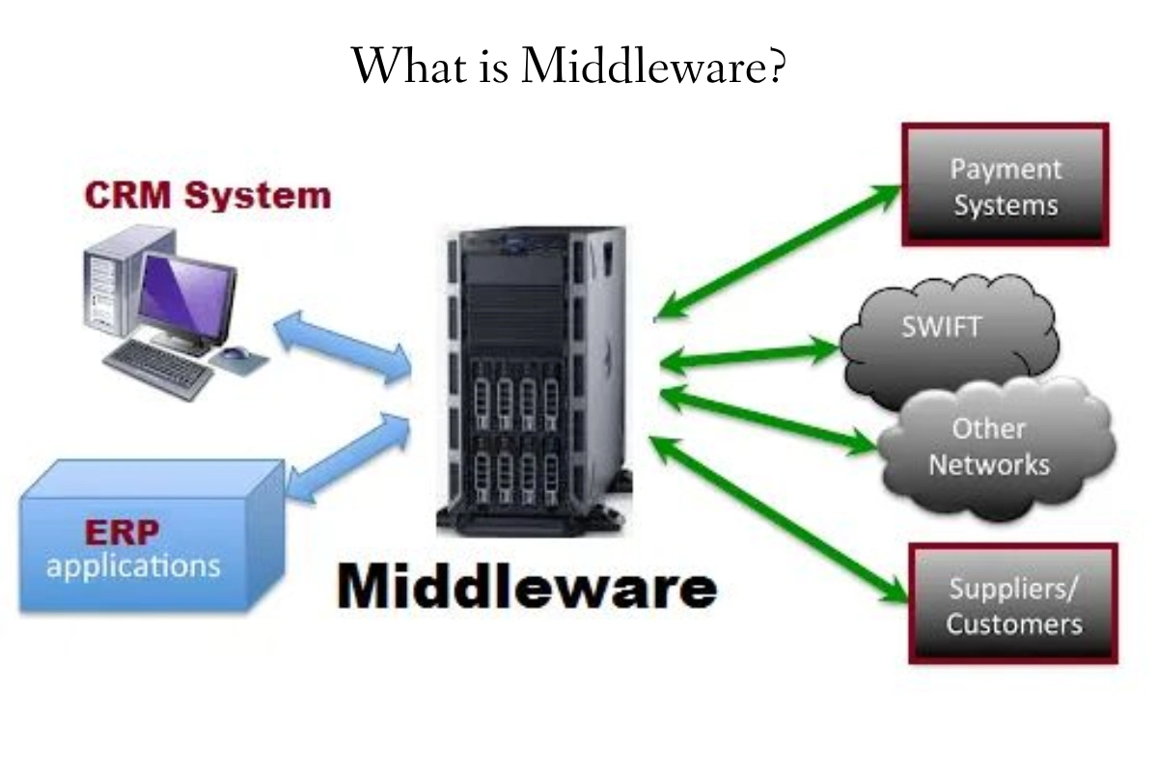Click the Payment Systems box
(1004, 184)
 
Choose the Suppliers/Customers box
(1012, 604)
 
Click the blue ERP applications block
(145, 540)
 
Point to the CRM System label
(207, 196)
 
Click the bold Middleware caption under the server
(527, 585)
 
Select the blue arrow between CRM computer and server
(344, 347)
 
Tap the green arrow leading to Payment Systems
(777, 251)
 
